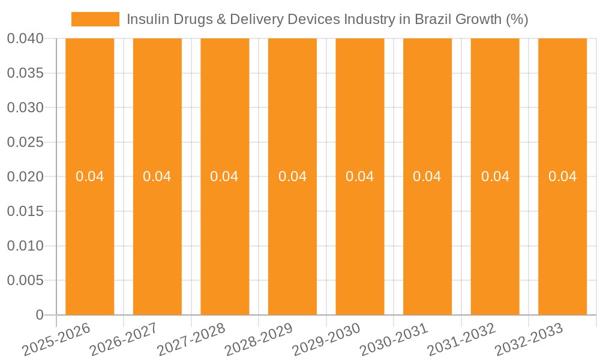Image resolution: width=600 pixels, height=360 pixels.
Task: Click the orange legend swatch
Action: click(95, 19)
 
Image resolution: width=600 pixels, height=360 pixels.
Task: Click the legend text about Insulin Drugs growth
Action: click(327, 19)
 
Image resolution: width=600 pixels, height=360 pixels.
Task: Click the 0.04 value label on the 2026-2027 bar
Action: click(157, 176)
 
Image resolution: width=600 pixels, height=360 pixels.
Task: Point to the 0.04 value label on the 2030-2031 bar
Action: click(427, 176)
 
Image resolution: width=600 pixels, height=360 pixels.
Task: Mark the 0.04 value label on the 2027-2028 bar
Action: click(224, 176)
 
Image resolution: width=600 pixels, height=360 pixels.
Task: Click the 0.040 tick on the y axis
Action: click(25, 39)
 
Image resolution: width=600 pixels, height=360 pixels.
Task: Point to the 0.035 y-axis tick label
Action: click(25, 73)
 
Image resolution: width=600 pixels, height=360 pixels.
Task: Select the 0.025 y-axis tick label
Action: click(25, 142)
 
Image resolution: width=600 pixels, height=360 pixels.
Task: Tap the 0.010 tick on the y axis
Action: click(25, 246)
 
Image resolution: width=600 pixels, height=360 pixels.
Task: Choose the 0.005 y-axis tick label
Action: click(25, 280)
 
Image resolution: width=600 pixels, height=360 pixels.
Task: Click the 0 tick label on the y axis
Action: click(40, 315)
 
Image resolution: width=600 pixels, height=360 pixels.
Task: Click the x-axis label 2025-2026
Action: click(57, 340)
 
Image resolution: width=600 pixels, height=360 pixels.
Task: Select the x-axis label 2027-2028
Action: click(192, 340)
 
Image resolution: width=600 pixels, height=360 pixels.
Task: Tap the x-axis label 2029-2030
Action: click(327, 340)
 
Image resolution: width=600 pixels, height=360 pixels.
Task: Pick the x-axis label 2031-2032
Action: click(462, 340)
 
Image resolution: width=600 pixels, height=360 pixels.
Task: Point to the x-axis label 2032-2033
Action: click(529, 340)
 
